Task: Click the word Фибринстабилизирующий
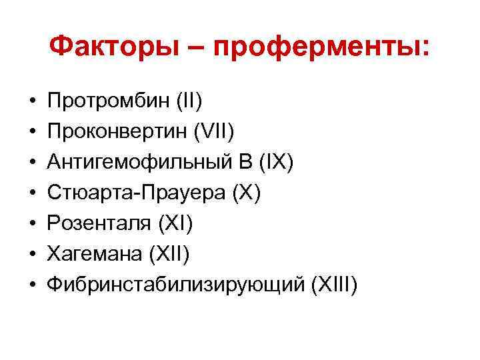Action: pyautogui.click(x=176, y=285)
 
